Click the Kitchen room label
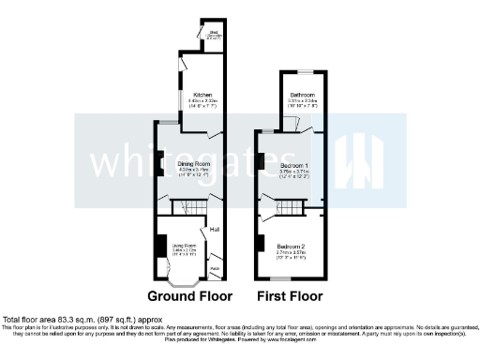click(202, 95)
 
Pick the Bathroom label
click(303, 94)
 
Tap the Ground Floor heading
click(189, 295)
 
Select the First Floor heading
click(292, 295)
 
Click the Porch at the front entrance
click(215, 269)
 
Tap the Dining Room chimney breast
click(159, 160)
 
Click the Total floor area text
click(68, 319)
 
